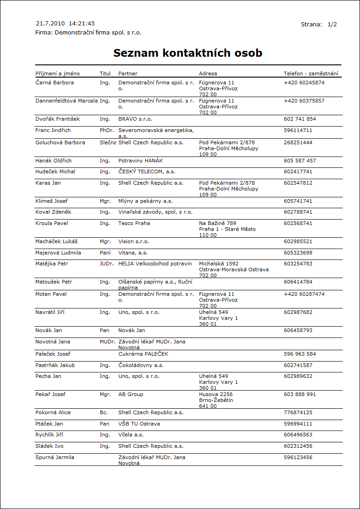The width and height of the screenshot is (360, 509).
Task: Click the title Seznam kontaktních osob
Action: pos(188,53)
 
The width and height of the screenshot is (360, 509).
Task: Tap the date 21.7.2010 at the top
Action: pos(50,23)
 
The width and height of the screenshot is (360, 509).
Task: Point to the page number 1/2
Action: pos(332,24)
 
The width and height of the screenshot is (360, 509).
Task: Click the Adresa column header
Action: pos(208,73)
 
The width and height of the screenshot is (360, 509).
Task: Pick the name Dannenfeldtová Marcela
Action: pos(67,101)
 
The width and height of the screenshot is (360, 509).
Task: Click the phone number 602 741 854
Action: pos(300,119)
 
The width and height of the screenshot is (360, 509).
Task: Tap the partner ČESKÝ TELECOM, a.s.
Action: pos(147,171)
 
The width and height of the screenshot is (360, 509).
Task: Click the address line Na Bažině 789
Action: pos(218,223)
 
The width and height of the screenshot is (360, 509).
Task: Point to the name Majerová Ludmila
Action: pos(58,253)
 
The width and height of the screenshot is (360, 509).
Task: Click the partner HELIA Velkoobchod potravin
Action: pos(155,264)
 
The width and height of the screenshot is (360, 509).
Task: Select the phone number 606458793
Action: pos(298,330)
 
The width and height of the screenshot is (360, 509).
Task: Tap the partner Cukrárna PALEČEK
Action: pos(143,354)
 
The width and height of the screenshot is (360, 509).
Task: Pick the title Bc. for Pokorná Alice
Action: pos(104,412)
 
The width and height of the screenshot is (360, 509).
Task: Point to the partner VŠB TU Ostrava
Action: pos(139,424)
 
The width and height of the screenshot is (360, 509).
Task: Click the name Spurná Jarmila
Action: pos(55,457)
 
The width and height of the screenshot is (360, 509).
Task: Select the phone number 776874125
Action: pos(298,412)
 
